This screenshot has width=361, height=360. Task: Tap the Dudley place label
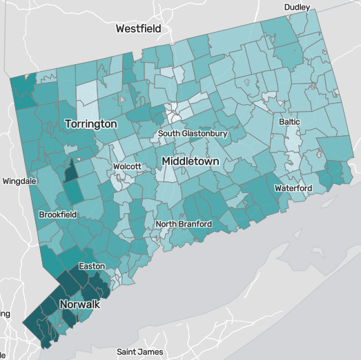[297, 8]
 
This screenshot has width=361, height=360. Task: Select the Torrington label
[90, 123]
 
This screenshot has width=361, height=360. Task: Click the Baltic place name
[289, 121]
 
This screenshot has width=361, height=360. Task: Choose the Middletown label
[190, 161]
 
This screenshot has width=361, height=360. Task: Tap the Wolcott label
[127, 166]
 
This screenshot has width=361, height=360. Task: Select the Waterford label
[293, 188]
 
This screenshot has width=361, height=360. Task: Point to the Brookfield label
[57, 214]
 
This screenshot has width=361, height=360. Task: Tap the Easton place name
[92, 266]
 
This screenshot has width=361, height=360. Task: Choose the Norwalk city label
[80, 304]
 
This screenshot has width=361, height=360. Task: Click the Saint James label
[140, 352]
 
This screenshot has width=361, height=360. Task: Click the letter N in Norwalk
[64, 304]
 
